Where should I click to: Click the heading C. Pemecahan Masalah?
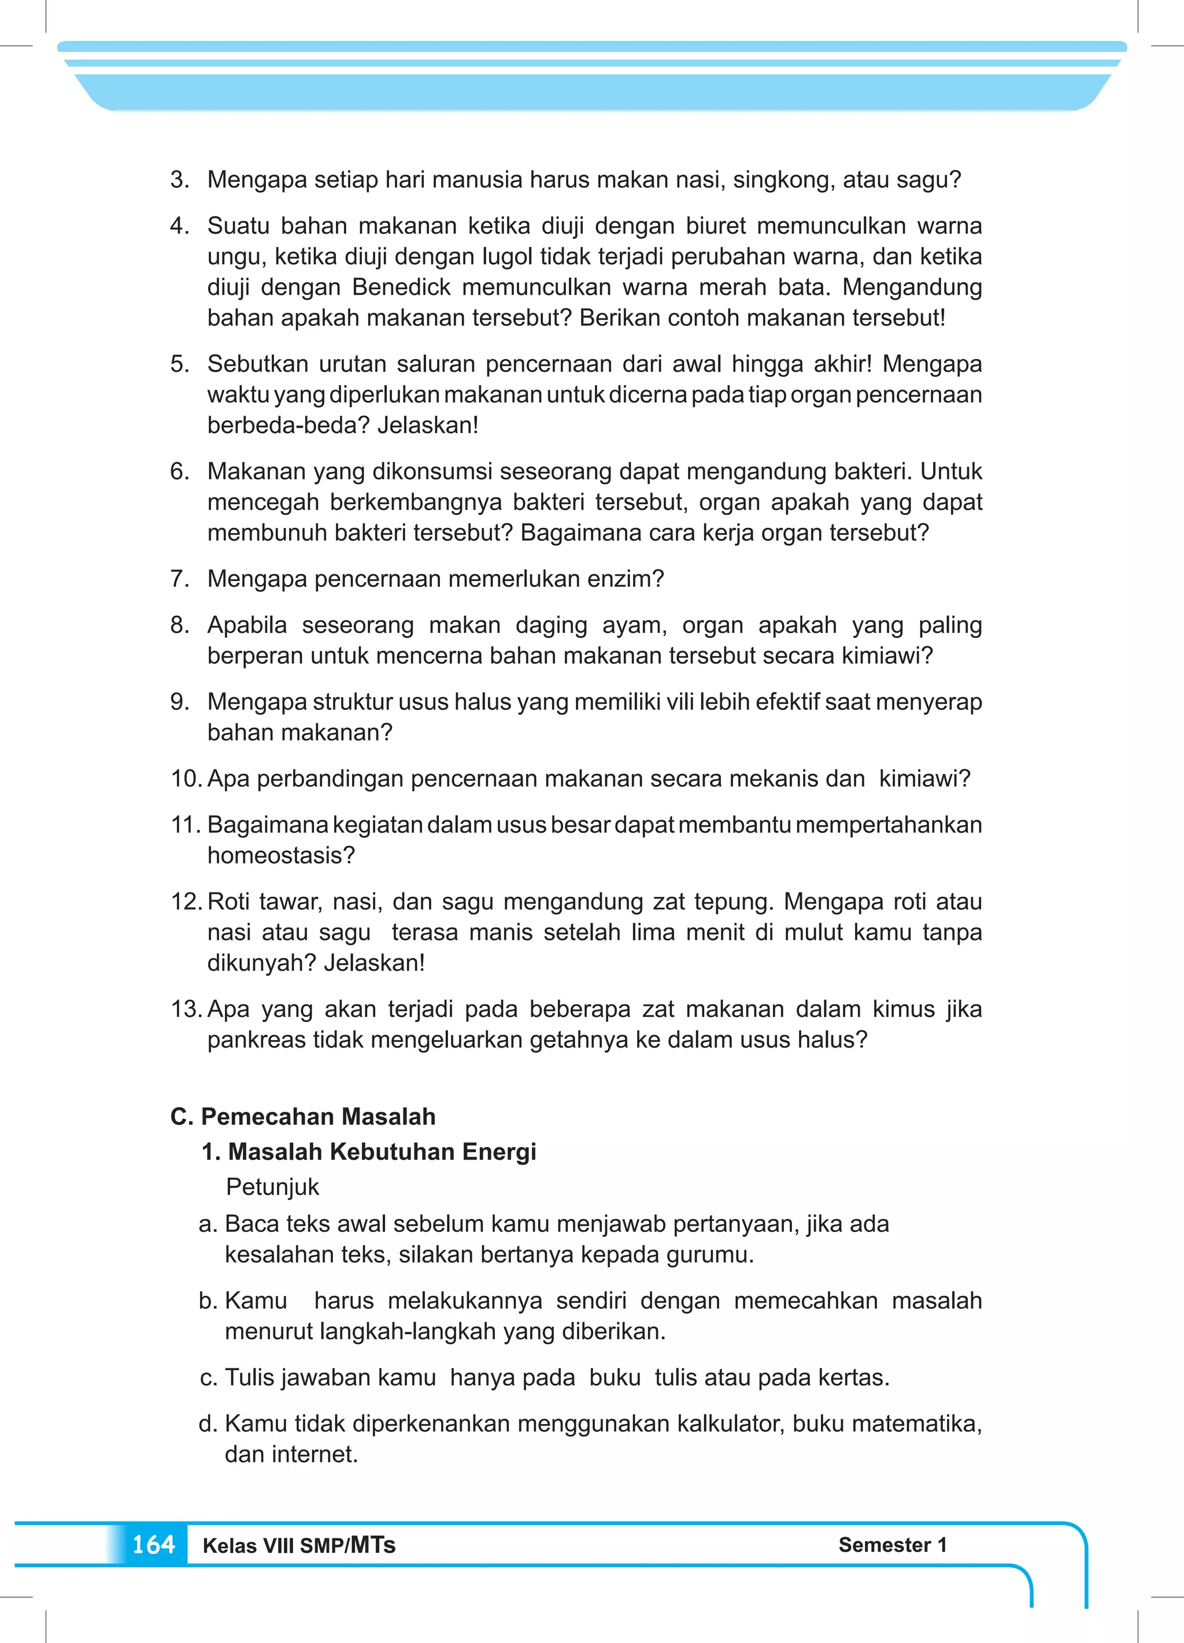(x=303, y=1116)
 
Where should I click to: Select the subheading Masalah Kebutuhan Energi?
(x=382, y=1151)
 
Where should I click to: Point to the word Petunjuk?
(x=272, y=1187)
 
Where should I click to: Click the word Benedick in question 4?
(x=401, y=287)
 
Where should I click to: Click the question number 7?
(x=178, y=579)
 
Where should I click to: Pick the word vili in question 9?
(x=680, y=702)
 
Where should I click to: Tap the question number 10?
(x=185, y=779)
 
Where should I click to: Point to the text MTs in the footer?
(x=373, y=1545)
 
